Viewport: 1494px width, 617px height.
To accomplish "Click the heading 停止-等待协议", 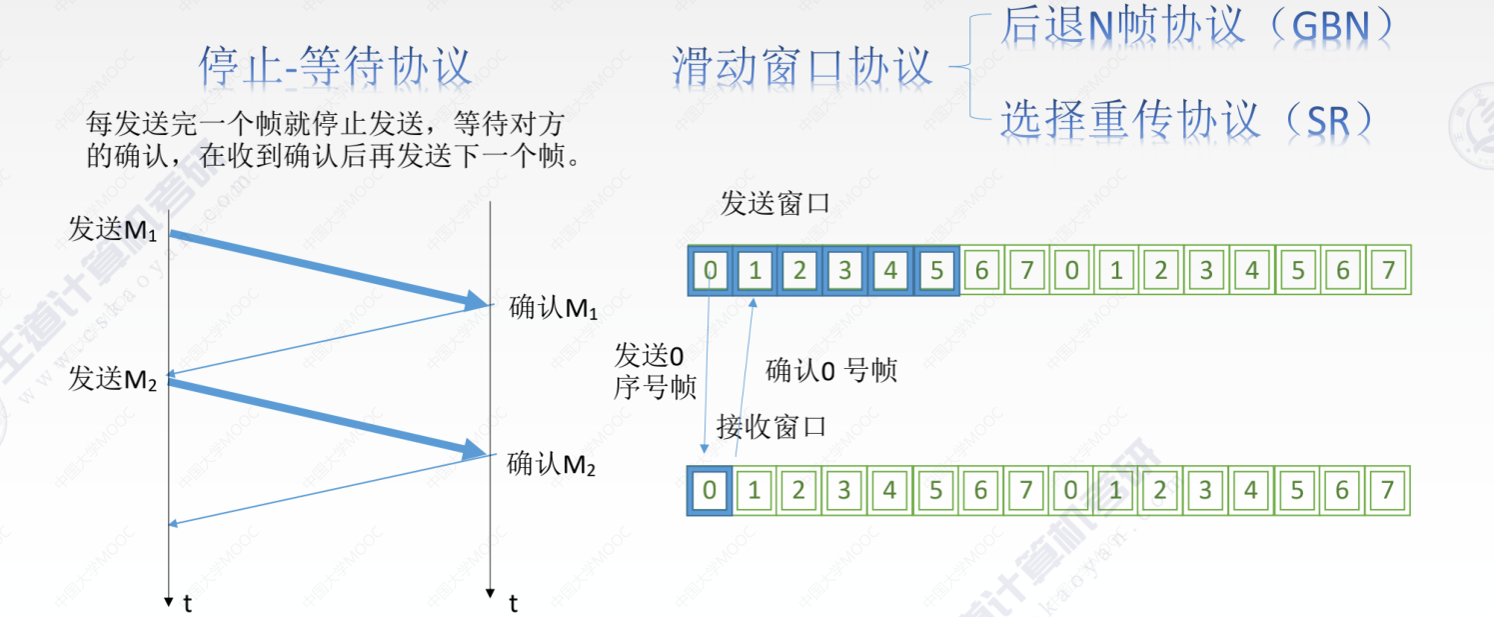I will [334, 67].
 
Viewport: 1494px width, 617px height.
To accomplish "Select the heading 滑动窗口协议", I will [801, 67].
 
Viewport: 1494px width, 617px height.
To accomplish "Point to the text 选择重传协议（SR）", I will [1187, 119].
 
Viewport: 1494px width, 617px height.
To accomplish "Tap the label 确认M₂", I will [552, 465].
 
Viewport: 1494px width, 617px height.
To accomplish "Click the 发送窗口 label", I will [774, 205].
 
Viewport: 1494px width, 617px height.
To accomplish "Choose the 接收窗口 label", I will [771, 428].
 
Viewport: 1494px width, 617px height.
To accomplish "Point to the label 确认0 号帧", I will [831, 371].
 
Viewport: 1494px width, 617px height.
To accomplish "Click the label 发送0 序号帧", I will [655, 372].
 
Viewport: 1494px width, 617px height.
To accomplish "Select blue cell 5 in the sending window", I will [936, 271].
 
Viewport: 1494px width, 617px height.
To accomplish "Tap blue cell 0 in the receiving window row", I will [710, 490].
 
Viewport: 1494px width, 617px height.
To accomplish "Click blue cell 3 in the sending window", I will [845, 271].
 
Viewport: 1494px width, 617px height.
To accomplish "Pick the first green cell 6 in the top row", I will [981, 271].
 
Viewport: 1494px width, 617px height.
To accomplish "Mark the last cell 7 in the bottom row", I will [1386, 490].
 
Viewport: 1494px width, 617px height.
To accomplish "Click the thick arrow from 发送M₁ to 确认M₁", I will [330, 267].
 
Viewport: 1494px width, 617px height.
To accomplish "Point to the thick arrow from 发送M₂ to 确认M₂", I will [330, 416].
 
